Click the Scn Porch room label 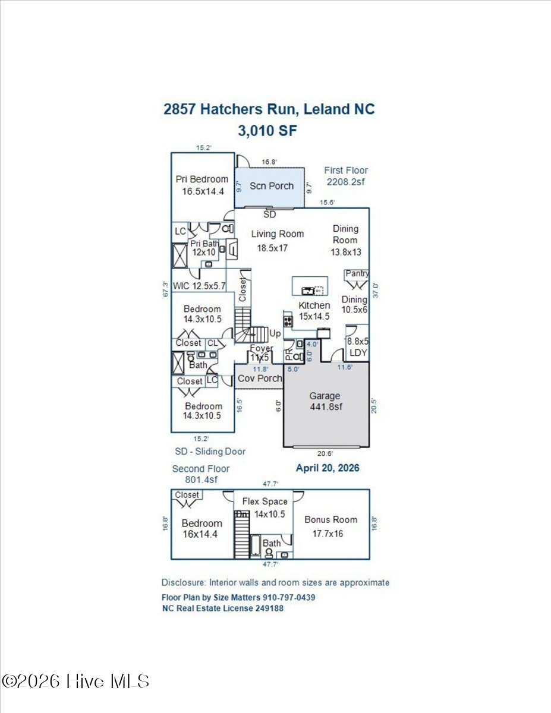click(x=272, y=186)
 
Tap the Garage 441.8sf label click(x=325, y=401)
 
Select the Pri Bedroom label click(x=202, y=179)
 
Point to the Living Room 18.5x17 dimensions click(x=272, y=248)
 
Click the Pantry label click(x=357, y=273)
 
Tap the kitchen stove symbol click(x=288, y=321)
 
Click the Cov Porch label click(x=260, y=378)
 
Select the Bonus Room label click(x=331, y=519)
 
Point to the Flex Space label click(x=265, y=501)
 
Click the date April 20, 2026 click(x=328, y=468)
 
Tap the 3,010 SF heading click(x=267, y=131)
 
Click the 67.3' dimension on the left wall click(x=166, y=289)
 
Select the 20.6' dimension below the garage click(x=325, y=453)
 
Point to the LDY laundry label click(x=358, y=353)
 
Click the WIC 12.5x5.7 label click(x=199, y=286)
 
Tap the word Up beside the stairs click(x=275, y=334)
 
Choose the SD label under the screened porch click(x=270, y=214)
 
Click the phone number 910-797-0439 click(x=289, y=597)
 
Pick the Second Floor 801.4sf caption click(x=201, y=474)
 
